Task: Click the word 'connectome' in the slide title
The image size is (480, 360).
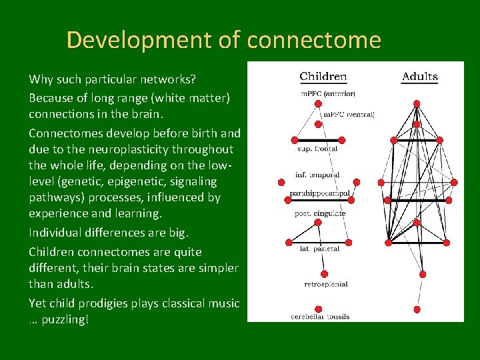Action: point(313,41)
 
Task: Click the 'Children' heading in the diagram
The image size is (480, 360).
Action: point(323,76)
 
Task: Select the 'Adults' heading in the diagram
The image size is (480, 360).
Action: point(419,76)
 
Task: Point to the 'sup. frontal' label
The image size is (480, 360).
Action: point(317,149)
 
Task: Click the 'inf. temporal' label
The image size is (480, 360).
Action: point(317,175)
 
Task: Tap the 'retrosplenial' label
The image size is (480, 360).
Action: point(325,284)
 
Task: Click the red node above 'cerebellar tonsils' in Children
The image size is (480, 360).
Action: point(318,309)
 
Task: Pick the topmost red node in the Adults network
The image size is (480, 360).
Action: point(417,103)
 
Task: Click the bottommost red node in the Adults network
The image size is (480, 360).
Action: point(417,309)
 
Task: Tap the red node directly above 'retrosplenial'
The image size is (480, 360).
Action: point(323,274)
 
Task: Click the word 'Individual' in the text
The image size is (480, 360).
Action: point(55,233)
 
